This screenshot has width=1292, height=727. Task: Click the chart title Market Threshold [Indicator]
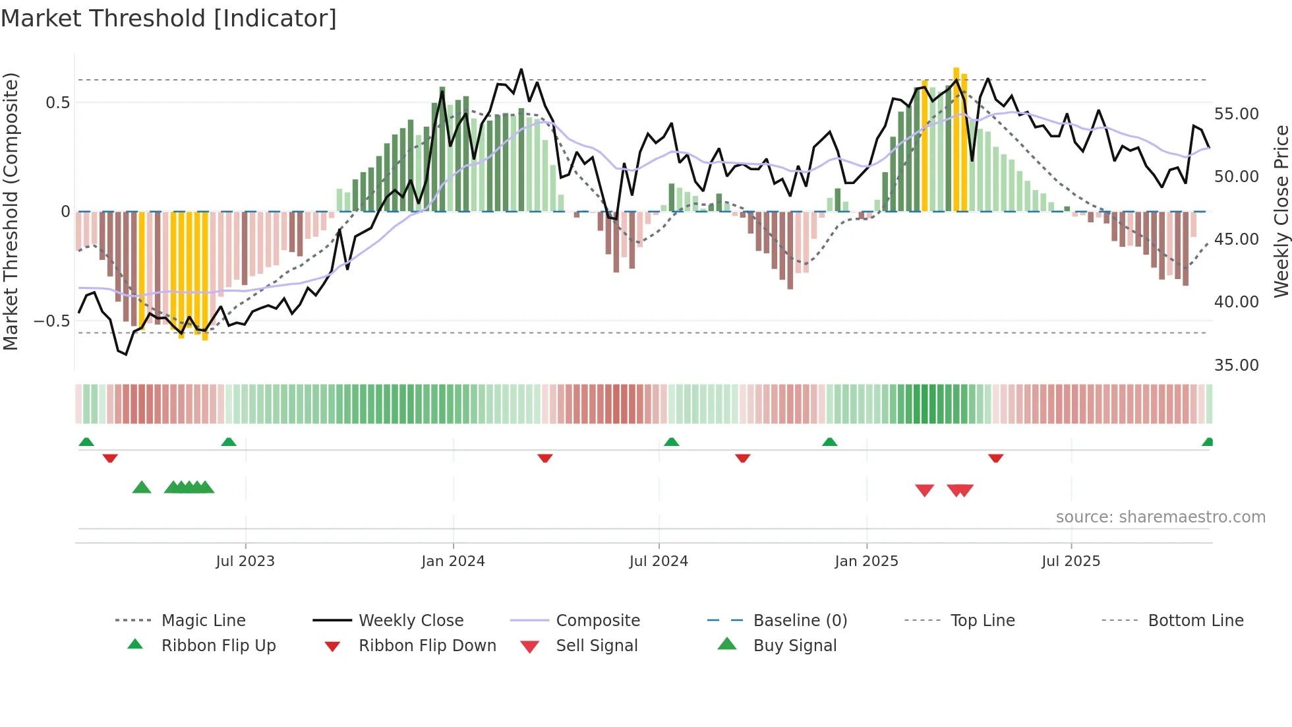(x=169, y=18)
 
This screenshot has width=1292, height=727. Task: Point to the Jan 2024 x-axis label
(x=453, y=561)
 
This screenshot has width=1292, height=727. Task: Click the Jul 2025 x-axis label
(x=1071, y=561)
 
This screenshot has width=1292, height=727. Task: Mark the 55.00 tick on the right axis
(x=1236, y=114)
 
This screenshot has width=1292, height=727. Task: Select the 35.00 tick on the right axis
(x=1236, y=365)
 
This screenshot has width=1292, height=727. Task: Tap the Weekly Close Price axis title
(x=1281, y=211)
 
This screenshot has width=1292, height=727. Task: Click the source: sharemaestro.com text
(x=1160, y=517)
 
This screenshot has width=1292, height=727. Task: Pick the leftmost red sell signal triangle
(x=924, y=490)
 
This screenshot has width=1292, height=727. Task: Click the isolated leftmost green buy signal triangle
(x=142, y=488)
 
